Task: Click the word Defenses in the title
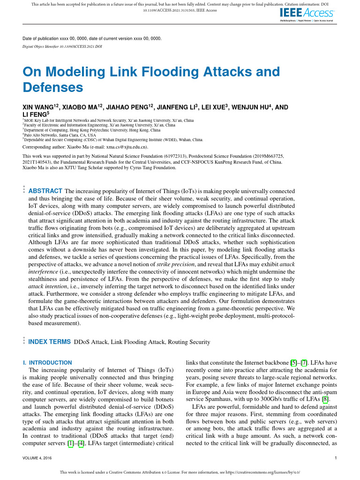(x=52, y=87)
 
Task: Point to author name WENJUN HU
(x=251, y=107)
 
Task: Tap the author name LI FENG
(x=35, y=114)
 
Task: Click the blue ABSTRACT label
(x=45, y=191)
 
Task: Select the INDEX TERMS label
(x=50, y=342)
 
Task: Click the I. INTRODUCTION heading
(x=47, y=362)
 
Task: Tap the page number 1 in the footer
(x=337, y=457)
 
